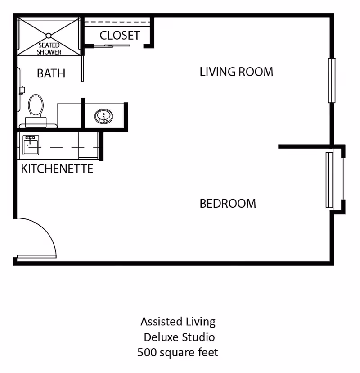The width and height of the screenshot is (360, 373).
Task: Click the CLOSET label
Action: [120, 35]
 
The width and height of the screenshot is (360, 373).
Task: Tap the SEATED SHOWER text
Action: [49, 49]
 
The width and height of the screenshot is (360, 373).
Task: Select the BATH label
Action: [51, 73]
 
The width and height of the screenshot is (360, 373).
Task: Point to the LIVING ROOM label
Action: [236, 72]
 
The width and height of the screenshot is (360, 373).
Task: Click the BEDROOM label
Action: [228, 204]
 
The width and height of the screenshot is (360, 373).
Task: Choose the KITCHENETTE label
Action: [57, 169]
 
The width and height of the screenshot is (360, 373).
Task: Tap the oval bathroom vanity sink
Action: [104, 117]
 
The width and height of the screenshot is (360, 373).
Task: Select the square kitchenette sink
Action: [30, 142]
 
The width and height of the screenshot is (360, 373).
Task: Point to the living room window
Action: [332, 81]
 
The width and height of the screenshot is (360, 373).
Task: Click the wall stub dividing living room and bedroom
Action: [304, 146]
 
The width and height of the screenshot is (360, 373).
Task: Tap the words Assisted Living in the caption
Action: [178, 322]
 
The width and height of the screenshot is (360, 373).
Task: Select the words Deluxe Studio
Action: [179, 337]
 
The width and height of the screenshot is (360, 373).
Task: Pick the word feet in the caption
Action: [207, 352]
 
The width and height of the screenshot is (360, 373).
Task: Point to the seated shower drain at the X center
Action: [49, 35]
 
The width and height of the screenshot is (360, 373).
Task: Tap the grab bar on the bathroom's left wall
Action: [18, 90]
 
